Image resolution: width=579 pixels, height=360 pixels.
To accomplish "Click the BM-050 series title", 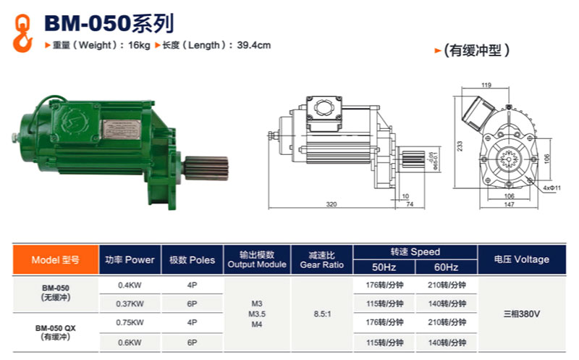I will tap(109, 24).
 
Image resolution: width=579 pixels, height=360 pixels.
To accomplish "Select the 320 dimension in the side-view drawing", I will tap(331, 205).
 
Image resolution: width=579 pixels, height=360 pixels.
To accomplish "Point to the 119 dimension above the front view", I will tap(486, 85).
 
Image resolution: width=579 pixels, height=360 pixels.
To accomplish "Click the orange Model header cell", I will tap(56, 259).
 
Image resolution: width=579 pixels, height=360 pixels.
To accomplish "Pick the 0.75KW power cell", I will tap(130, 322).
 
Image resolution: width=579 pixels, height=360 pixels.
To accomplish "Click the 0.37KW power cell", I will tap(130, 304).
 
